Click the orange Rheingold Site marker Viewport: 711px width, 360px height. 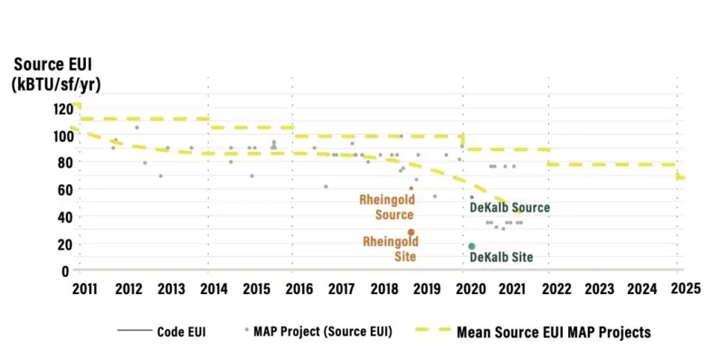pos(411,233)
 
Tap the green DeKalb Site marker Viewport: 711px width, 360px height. pos(471,246)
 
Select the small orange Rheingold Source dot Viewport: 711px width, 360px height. pos(411,188)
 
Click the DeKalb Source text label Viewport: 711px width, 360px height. pos(510,208)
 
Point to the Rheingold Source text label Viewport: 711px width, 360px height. pos(387,207)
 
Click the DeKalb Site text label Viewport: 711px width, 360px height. pos(501,258)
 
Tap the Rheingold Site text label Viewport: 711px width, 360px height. pos(390,249)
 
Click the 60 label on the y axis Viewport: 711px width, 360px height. pos(66,190)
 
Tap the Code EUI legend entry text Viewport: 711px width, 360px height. pos(181,332)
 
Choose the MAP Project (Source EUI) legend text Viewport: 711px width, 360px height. pos(322,332)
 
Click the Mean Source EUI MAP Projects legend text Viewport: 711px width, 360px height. pos(553,332)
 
